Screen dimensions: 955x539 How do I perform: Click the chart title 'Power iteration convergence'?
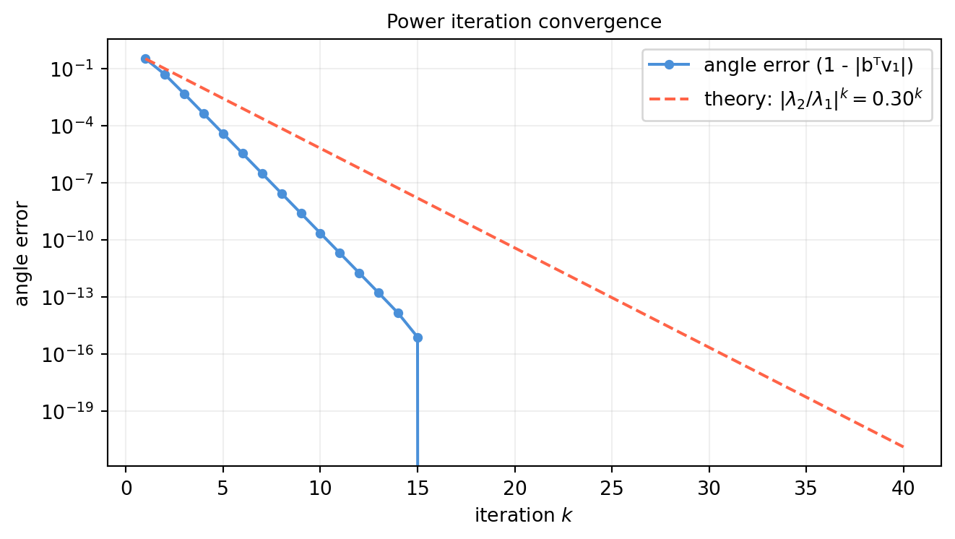pos(524,22)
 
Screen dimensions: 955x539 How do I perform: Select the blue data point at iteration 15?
pos(418,337)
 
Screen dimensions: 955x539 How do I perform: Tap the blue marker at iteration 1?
pos(145,59)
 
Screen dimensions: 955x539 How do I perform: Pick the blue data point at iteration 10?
pos(320,233)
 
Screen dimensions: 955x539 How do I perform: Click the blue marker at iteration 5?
pos(223,134)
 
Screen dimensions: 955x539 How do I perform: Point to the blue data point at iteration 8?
pos(282,194)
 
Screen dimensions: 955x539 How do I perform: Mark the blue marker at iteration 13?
pos(379,293)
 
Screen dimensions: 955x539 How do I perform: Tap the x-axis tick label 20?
pos(514,488)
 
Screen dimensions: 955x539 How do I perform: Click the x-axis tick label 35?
pos(806,488)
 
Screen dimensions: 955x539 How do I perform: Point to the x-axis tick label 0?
pos(126,488)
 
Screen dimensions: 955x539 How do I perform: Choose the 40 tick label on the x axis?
pos(904,488)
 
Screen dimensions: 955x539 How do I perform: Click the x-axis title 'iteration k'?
pos(524,516)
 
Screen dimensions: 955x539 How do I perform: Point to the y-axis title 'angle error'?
pos(22,254)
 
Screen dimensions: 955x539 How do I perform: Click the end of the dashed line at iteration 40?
pos(904,447)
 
